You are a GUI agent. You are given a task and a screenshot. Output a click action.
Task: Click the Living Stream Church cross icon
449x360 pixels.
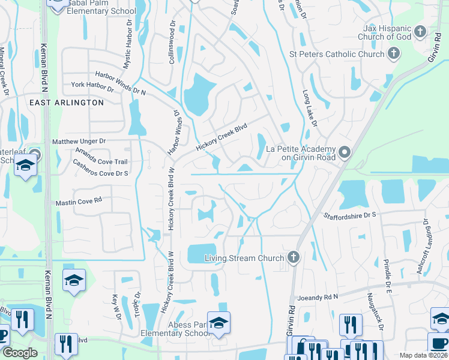coord(294,258)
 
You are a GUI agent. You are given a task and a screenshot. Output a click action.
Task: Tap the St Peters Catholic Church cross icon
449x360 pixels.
coord(394,55)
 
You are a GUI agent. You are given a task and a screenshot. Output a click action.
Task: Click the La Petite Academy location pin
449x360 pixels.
coord(345,153)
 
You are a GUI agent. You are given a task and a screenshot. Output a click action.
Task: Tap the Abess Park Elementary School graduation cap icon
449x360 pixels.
coord(218,322)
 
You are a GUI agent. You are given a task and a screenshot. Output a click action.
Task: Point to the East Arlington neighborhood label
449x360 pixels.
coord(67,103)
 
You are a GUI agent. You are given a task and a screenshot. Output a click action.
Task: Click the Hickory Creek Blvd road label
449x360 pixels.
coord(221,137)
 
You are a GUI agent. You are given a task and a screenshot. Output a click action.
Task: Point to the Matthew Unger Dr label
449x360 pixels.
coord(79,141)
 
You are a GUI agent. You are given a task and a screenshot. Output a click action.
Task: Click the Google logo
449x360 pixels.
coord(19,353)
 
